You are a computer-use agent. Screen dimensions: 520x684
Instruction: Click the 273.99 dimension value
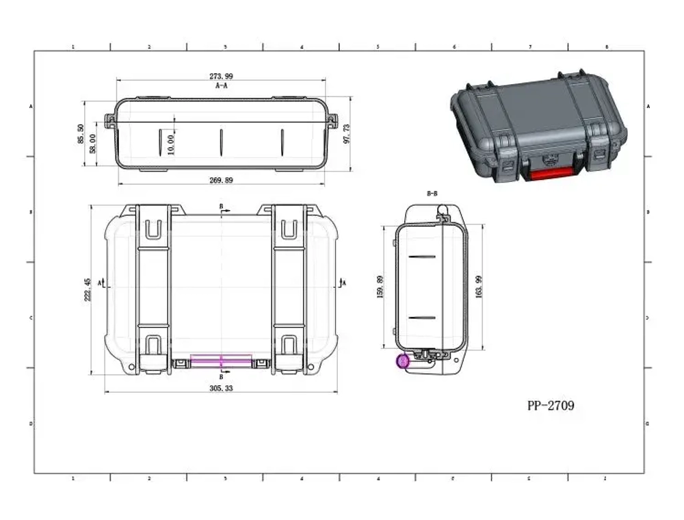(x=220, y=77)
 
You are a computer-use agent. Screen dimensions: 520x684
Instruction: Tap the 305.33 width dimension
(x=220, y=388)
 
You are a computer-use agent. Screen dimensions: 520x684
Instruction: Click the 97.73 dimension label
(x=347, y=134)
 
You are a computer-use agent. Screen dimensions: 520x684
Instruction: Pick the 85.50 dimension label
(x=81, y=134)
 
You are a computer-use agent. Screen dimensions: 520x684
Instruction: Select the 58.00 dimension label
(x=93, y=144)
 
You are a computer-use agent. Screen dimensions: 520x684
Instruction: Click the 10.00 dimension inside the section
(x=171, y=144)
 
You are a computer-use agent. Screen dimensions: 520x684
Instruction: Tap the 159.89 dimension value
(x=381, y=287)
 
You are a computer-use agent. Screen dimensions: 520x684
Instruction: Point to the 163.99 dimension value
(x=479, y=287)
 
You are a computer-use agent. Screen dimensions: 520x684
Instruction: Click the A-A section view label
(x=220, y=87)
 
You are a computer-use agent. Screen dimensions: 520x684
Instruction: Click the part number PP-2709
(x=551, y=406)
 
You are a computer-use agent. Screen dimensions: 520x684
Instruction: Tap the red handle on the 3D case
(x=551, y=175)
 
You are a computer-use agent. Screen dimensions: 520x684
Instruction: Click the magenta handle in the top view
(x=221, y=360)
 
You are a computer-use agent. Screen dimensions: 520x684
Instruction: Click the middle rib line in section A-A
(x=221, y=142)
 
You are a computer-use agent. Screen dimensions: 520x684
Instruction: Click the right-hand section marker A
(x=343, y=282)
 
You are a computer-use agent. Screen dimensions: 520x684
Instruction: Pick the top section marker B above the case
(x=222, y=206)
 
